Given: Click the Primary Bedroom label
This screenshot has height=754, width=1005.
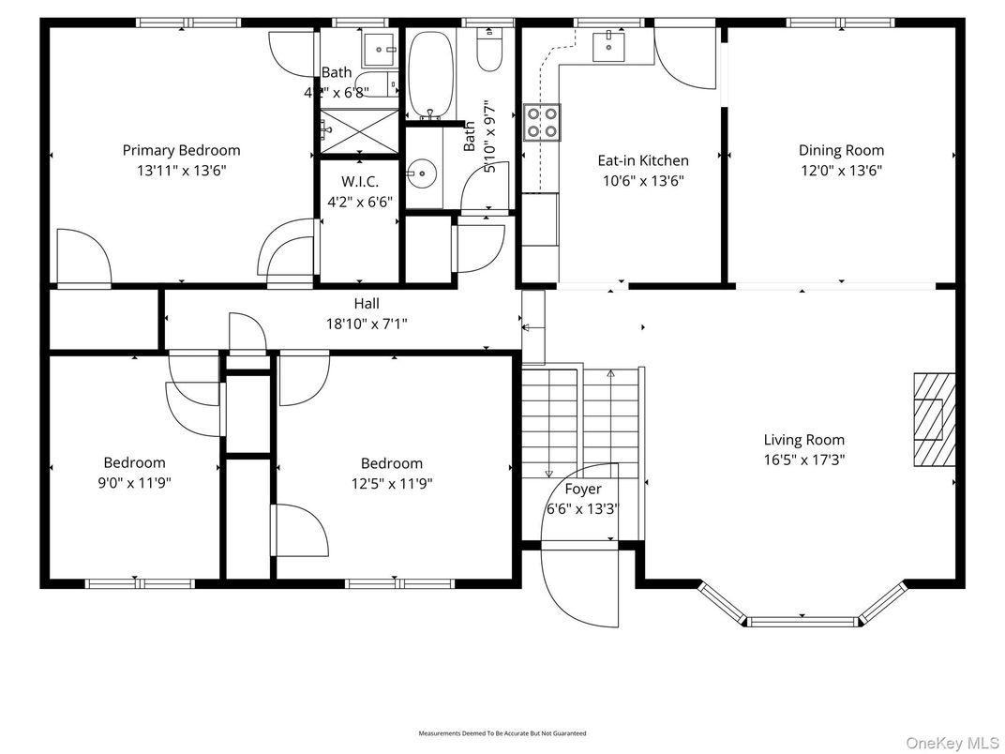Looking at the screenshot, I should [x=181, y=150].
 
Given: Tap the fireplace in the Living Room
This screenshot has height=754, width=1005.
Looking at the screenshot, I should [x=934, y=419].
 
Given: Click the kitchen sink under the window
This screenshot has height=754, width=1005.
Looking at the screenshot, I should [x=611, y=42].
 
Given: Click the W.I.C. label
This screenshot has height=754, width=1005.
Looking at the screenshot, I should [x=360, y=180].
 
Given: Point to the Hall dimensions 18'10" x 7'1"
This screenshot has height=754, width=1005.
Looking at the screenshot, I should [x=367, y=324].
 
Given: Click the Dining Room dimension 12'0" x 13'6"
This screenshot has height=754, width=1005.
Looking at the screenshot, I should [x=841, y=171].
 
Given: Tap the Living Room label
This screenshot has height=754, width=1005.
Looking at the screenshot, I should [x=803, y=440].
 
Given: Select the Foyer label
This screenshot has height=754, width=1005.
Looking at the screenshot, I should [x=582, y=489].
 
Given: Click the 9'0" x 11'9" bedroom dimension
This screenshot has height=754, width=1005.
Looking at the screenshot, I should [x=134, y=483].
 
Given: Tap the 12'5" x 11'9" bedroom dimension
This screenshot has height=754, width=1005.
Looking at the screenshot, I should [x=391, y=483].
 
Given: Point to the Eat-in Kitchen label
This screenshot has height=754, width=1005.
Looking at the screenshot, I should [x=642, y=160].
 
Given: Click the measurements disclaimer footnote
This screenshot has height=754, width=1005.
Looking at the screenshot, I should [x=502, y=733].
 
